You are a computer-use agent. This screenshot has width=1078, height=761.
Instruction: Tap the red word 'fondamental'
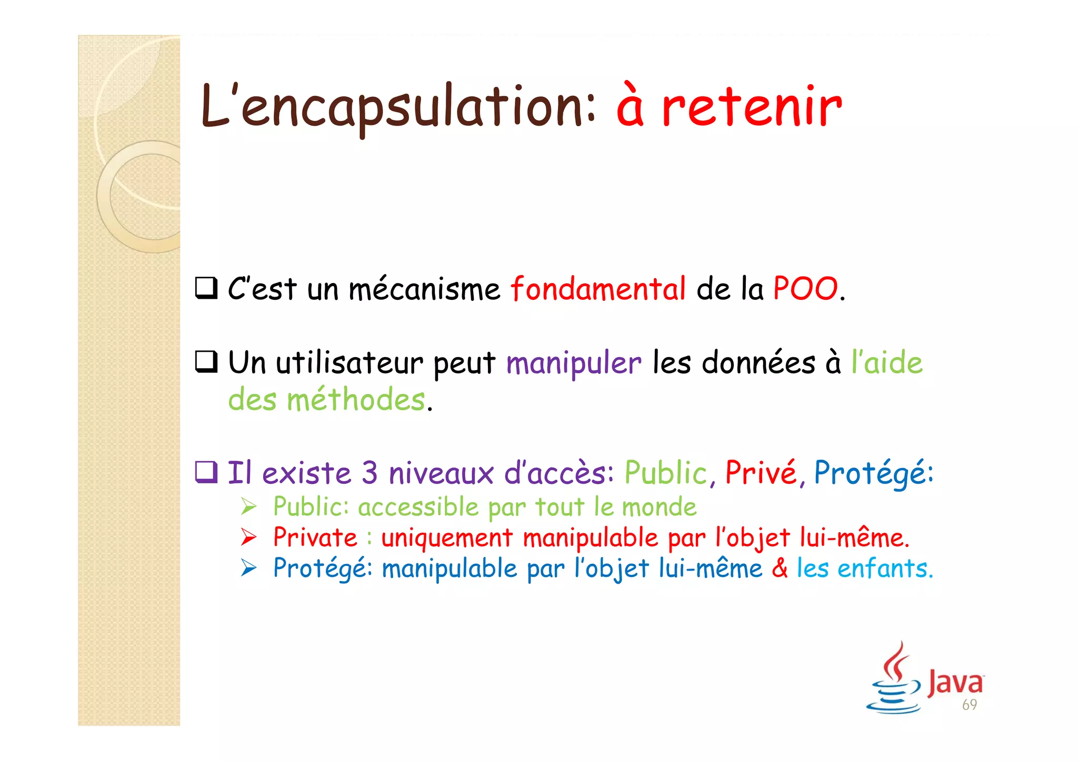(598, 289)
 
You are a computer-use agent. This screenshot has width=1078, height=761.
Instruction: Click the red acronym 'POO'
(805, 289)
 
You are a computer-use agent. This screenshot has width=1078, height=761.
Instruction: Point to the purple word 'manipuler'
(574, 363)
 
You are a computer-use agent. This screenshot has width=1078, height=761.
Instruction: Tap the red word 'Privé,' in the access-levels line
(765, 472)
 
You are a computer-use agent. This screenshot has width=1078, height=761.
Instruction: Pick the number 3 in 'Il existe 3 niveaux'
(370, 472)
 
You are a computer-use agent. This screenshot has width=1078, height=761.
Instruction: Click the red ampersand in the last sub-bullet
(780, 569)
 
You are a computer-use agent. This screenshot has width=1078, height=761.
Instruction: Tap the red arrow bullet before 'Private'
(248, 537)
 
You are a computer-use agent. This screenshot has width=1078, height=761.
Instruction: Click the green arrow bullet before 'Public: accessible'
(248, 507)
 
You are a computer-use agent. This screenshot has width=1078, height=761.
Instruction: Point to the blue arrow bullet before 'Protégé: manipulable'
(248, 569)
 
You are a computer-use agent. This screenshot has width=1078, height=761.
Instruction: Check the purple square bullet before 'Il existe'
(206, 472)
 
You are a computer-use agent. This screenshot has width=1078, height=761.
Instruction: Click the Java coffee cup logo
(894, 678)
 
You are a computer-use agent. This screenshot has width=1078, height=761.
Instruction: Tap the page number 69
(969, 705)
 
